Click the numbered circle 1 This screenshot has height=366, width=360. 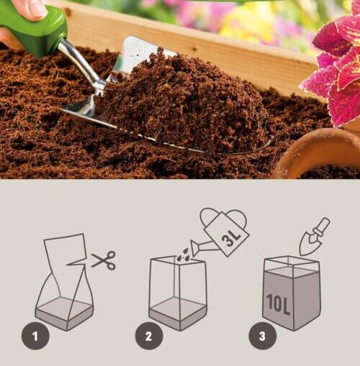pyautogui.click(x=35, y=336)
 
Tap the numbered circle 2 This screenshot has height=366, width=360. pyautogui.click(x=149, y=336)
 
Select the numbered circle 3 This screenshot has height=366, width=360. pyautogui.click(x=262, y=336)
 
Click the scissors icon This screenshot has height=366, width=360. pyautogui.click(x=104, y=260)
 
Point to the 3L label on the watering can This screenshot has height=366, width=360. pyautogui.click(x=231, y=238)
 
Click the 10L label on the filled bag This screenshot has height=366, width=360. pyautogui.click(x=279, y=303)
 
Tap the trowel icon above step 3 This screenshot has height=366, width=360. pyautogui.click(x=315, y=237)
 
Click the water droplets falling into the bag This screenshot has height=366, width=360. pyautogui.click(x=183, y=255)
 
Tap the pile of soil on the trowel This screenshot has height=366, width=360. pyautogui.click(x=182, y=101)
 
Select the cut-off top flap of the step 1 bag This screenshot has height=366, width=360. pyautogui.click(x=66, y=250)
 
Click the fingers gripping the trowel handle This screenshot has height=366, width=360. pyautogui.click(x=31, y=9)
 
